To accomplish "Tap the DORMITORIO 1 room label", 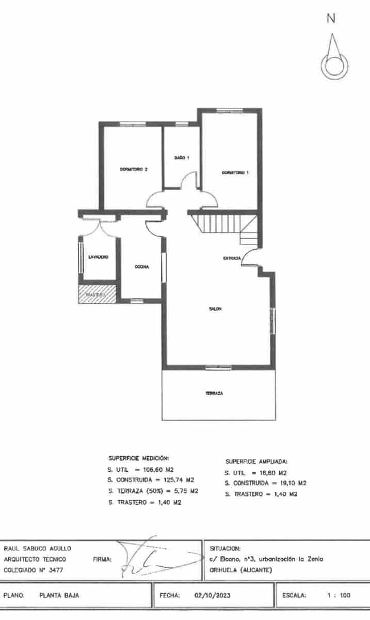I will pyautogui.click(x=235, y=173).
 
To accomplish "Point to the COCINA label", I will pyautogui.click(x=142, y=267).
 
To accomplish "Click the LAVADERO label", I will pyautogui.click(x=98, y=257).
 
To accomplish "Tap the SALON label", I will pyautogui.click(x=215, y=309).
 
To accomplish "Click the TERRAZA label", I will pyautogui.click(x=214, y=393).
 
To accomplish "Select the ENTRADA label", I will pyautogui.click(x=231, y=258).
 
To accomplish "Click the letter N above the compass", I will pyautogui.click(x=331, y=19).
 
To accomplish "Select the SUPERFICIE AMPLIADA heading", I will pyautogui.click(x=256, y=461).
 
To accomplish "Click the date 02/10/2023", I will pyautogui.click(x=212, y=595).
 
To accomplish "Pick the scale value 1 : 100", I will pyautogui.click(x=339, y=595).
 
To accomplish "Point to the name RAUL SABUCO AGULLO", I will pyautogui.click(x=37, y=548).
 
